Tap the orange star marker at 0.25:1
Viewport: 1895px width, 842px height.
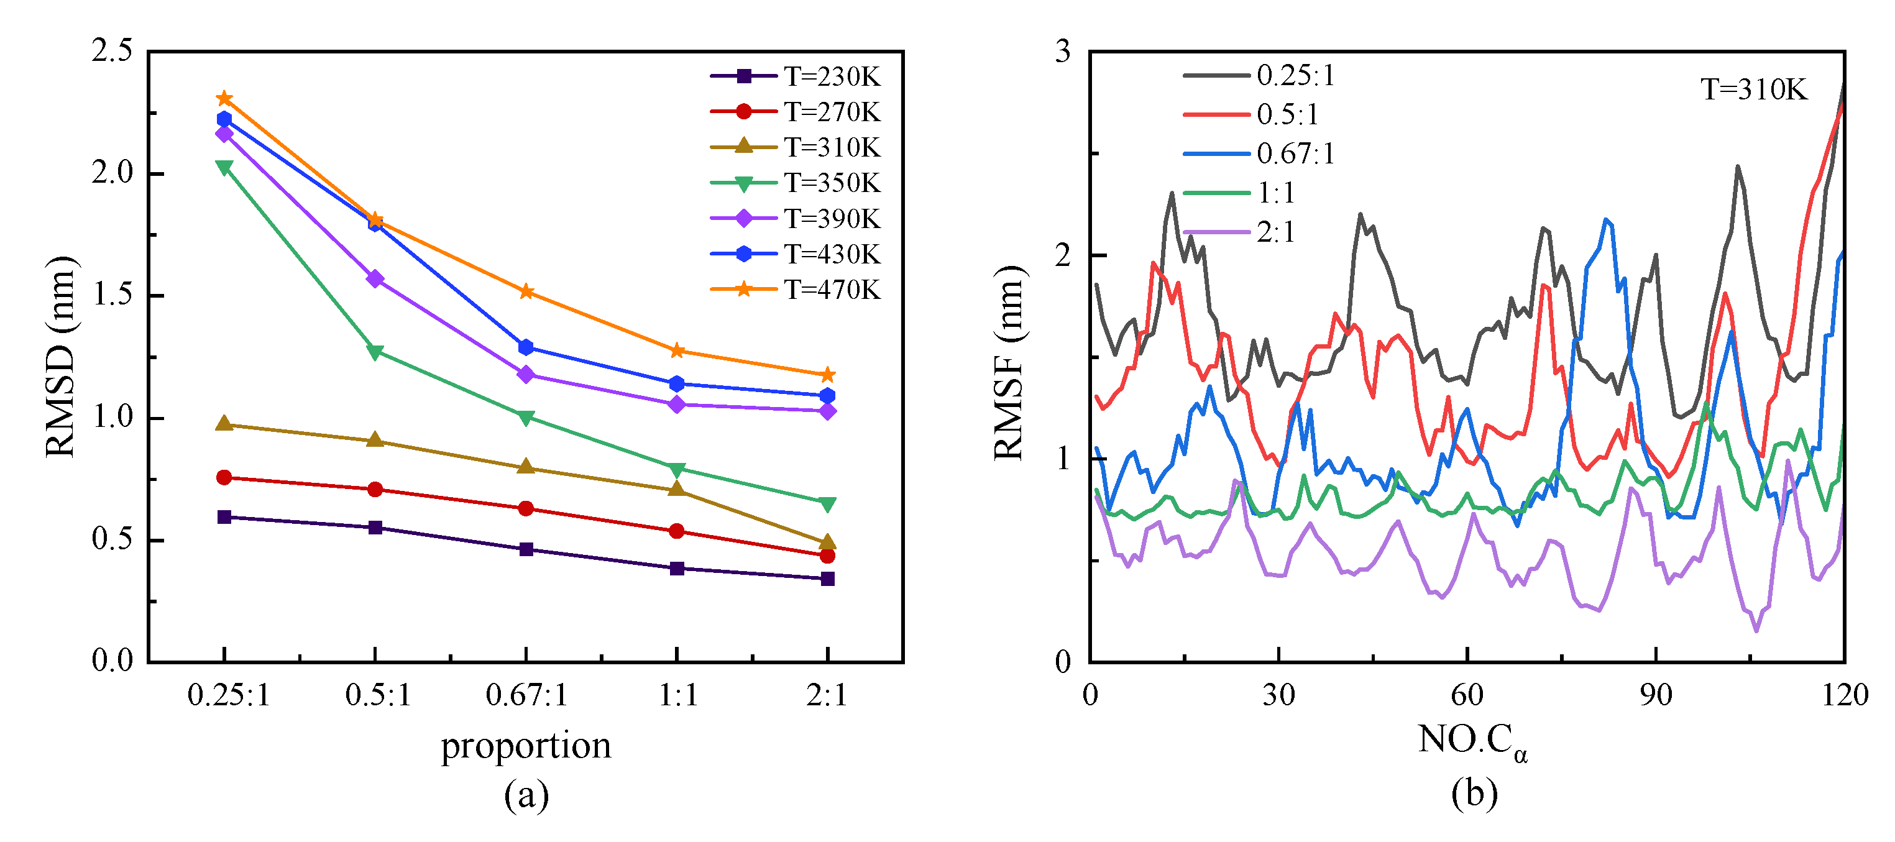pos(224,99)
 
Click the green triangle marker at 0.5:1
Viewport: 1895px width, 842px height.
pos(375,352)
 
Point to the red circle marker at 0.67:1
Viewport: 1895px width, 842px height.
pos(526,509)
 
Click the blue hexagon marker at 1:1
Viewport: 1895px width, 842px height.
pos(677,384)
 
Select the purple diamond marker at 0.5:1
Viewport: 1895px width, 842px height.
pos(375,279)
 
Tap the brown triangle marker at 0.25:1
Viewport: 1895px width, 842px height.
pos(224,424)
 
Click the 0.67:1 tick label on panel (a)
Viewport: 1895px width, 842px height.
pos(526,695)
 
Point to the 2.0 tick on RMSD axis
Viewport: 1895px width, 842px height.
pos(112,173)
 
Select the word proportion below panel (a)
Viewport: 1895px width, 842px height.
pos(526,746)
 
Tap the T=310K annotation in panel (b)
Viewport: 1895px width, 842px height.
pos(1754,89)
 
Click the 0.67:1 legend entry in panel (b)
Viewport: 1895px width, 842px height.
pos(1259,153)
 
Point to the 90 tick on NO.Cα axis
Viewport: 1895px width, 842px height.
pos(1655,695)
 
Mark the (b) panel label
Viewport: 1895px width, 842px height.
pos(1474,794)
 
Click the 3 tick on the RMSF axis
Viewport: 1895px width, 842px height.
pos(1063,52)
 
